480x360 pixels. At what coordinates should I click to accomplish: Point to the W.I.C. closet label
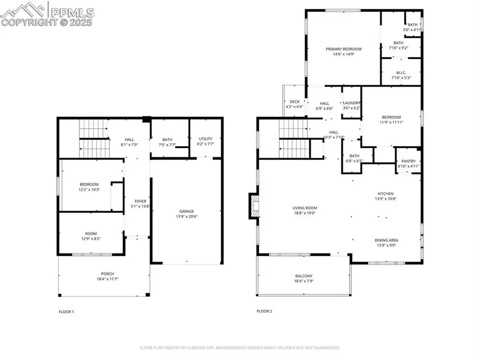402,73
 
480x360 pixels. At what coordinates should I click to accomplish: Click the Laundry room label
352,103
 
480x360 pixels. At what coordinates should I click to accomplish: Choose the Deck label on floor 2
294,101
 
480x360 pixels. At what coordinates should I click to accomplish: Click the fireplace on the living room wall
253,206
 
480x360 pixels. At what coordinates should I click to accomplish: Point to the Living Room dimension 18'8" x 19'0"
305,213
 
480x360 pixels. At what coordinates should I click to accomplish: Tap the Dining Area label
387,240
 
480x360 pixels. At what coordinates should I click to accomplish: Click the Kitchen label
387,194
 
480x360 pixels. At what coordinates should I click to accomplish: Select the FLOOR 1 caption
66,311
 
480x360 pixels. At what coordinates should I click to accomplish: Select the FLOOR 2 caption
264,311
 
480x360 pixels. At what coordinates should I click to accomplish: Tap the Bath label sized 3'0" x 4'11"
413,25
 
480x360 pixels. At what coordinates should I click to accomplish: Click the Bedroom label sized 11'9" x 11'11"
391,117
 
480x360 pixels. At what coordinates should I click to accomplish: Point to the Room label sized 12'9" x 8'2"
91,233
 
